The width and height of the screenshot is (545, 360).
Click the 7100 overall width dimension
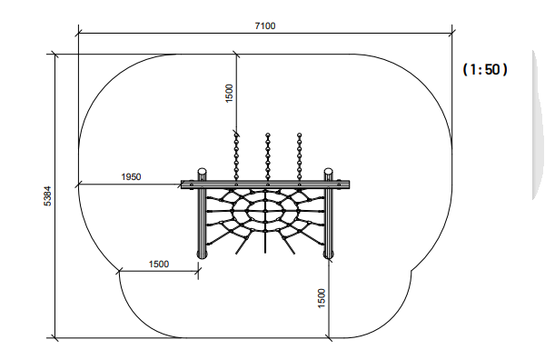point(265,26)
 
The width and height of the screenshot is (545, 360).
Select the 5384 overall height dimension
point(47,196)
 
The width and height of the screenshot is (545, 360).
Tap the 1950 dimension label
point(131,177)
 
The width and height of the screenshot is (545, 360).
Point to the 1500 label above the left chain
point(229,94)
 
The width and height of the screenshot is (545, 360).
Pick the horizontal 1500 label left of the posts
point(159,265)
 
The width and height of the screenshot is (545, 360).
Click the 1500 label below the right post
point(322,298)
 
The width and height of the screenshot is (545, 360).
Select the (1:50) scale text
point(485,70)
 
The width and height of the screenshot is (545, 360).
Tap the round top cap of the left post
point(203,172)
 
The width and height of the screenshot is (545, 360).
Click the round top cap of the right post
point(329,172)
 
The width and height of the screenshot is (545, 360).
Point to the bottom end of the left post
point(203,255)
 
